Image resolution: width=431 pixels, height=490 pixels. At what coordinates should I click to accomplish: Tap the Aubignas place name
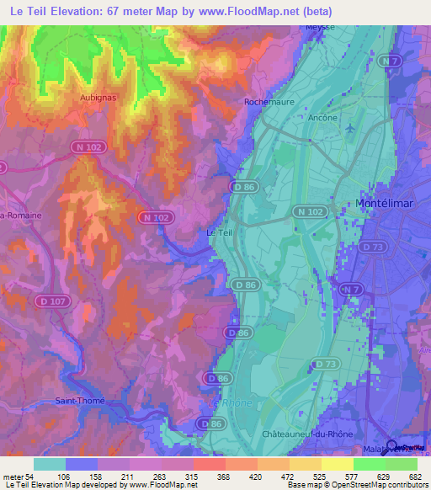click(x=98, y=98)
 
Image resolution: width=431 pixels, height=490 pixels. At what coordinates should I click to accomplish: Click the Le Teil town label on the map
click(x=219, y=232)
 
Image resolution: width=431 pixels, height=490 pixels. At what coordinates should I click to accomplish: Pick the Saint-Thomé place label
click(x=80, y=401)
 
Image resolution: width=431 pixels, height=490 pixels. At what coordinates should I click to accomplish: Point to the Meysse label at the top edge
click(x=320, y=27)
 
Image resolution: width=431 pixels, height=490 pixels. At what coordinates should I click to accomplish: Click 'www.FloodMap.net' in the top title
click(x=260, y=11)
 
